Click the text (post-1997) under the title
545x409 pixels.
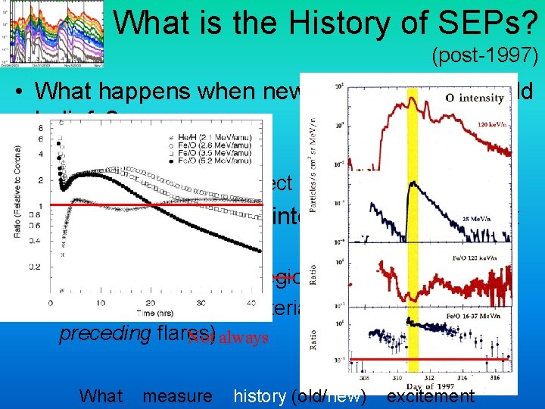484,55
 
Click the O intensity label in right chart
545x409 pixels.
475,98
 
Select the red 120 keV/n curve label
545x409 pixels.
492,122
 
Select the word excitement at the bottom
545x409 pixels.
430,395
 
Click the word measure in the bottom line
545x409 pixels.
177,395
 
